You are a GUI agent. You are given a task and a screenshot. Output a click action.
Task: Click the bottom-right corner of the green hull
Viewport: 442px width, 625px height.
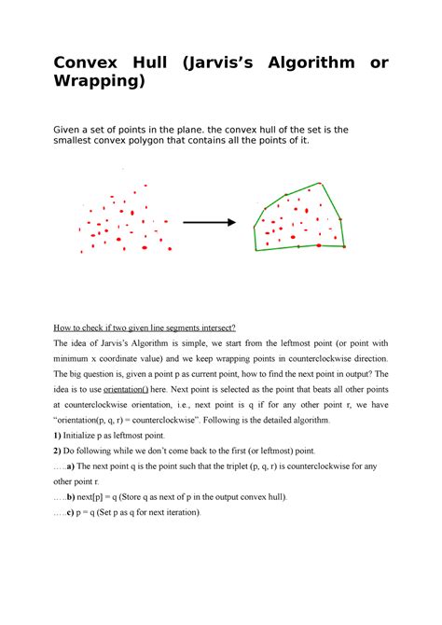pyautogui.click(x=344, y=246)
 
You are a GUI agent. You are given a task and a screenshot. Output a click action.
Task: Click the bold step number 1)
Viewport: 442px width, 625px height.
pyautogui.click(x=58, y=437)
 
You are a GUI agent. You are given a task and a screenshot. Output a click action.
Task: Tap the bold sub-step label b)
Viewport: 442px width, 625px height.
pyautogui.click(x=75, y=498)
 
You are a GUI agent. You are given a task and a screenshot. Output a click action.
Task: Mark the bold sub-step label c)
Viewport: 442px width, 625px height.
pyautogui.click(x=74, y=513)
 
